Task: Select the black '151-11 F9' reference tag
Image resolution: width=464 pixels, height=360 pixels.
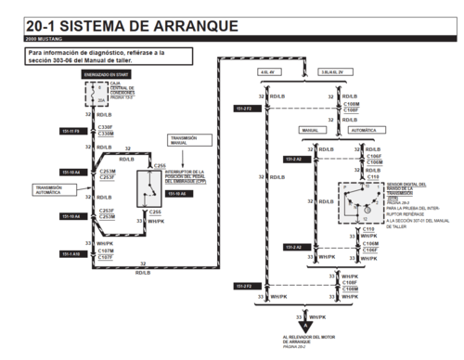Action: [x=70, y=131]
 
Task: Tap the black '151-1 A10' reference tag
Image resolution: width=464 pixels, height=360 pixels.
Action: [x=70, y=253]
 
